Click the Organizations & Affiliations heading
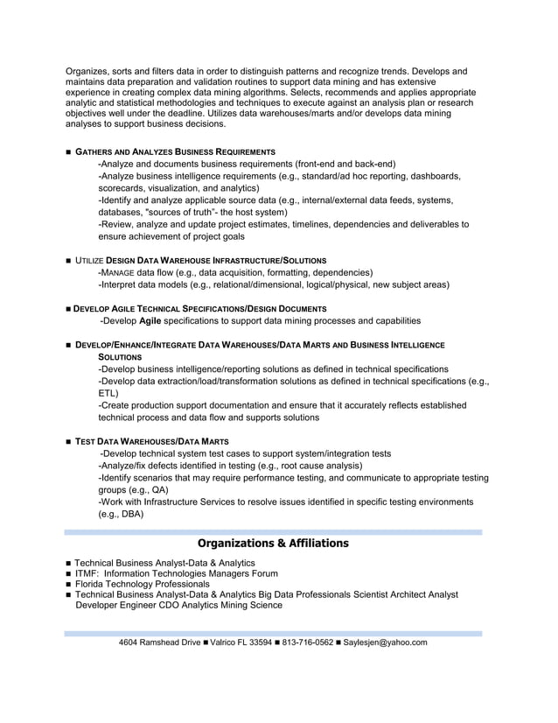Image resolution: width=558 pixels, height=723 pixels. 272,544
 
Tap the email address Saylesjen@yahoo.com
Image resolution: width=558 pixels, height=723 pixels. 385,642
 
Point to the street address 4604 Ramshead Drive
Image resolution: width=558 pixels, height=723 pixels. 159,642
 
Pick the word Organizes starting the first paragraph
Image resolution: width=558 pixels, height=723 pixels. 86,70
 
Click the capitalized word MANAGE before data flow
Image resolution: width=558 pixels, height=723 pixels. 121,272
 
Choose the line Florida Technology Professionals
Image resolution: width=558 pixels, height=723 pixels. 142,584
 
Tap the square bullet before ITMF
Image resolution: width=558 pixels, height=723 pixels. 68,574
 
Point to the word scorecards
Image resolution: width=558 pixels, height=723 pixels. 122,187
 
